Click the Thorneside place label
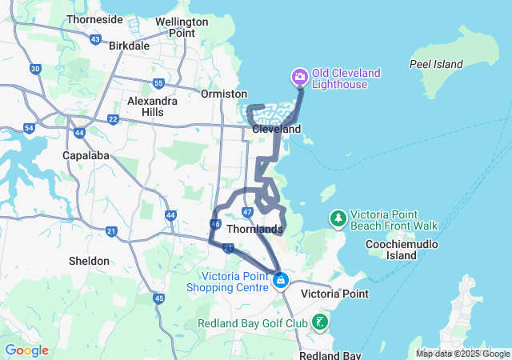click(95, 18)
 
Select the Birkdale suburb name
click(129, 46)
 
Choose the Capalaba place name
click(86, 155)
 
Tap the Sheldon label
click(89, 261)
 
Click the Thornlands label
click(254, 230)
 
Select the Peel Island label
click(436, 64)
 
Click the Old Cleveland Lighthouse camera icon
click(299, 77)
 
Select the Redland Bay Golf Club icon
click(320, 322)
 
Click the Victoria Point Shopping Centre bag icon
click(281, 280)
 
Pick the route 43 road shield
click(96, 38)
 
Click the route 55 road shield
click(158, 83)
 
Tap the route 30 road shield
click(35, 69)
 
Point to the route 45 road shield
click(158, 298)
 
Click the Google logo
click(26, 350)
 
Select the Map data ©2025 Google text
click(462, 354)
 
